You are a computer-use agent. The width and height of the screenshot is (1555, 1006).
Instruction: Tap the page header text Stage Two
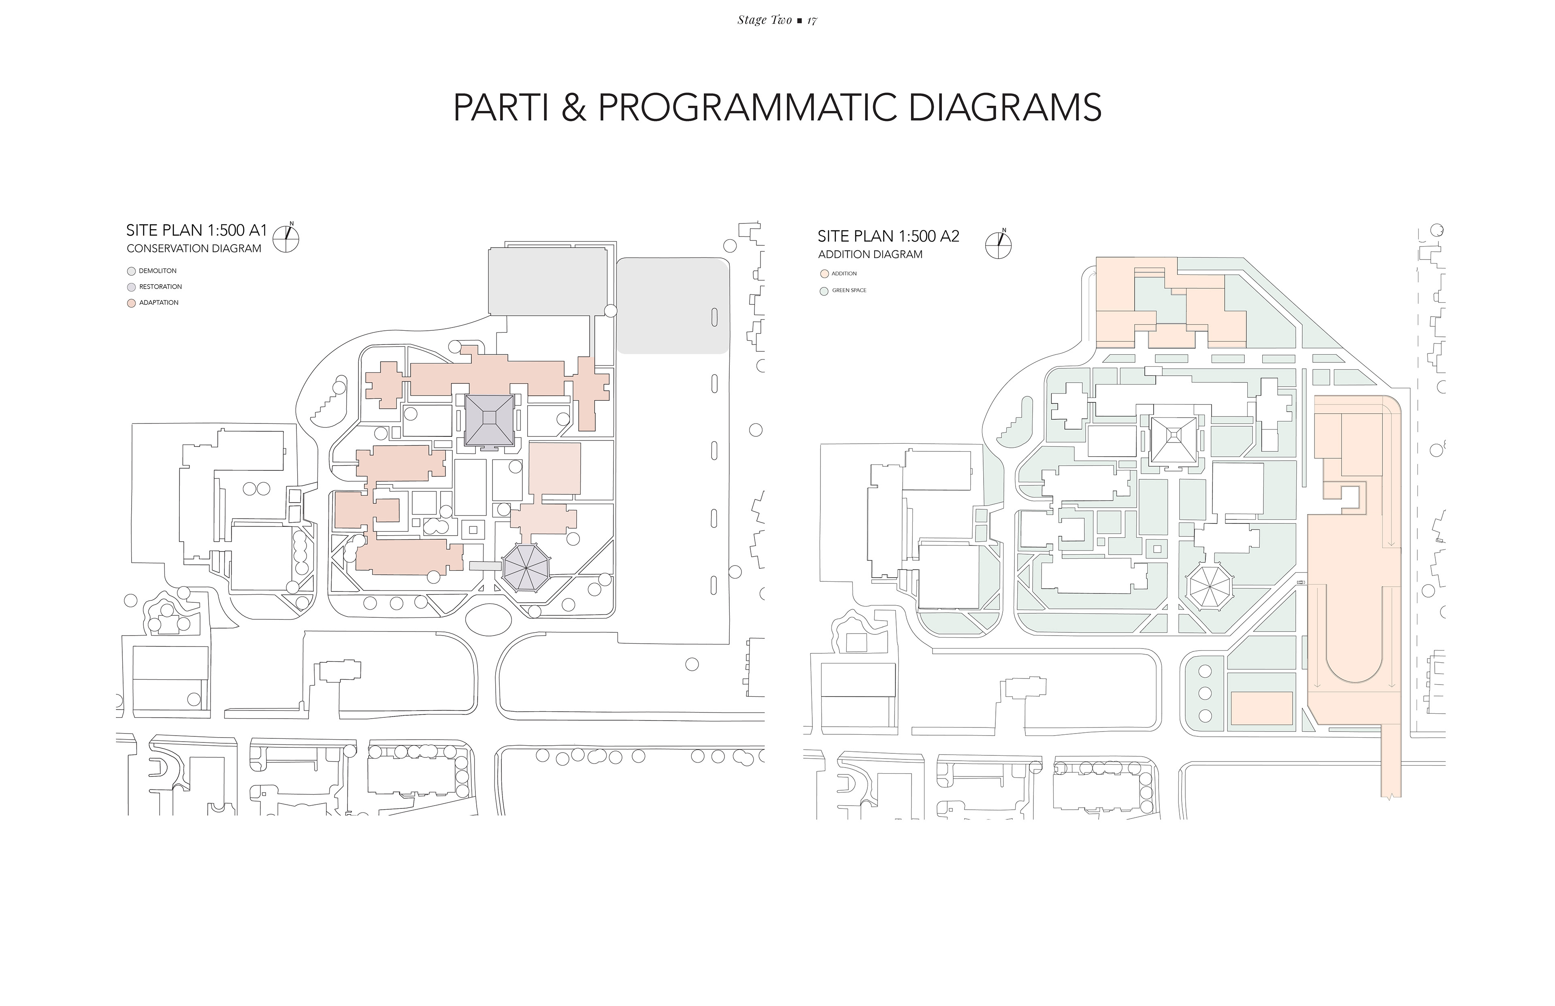coord(765,20)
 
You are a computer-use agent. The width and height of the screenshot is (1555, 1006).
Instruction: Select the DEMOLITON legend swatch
coord(131,271)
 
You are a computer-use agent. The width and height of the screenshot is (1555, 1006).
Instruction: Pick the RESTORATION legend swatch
coord(131,287)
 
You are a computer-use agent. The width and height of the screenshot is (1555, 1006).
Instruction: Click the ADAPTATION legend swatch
coord(131,303)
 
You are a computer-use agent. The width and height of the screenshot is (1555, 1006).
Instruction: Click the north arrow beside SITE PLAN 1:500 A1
coord(286,237)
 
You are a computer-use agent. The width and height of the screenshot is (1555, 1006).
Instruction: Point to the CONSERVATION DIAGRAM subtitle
coord(194,249)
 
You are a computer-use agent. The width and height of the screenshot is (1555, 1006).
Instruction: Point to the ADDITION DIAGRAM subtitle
coord(870,255)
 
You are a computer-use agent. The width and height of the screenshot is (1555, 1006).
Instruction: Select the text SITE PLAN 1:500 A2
coord(888,236)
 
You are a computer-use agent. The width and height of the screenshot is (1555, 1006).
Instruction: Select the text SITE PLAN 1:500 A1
coord(197,231)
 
